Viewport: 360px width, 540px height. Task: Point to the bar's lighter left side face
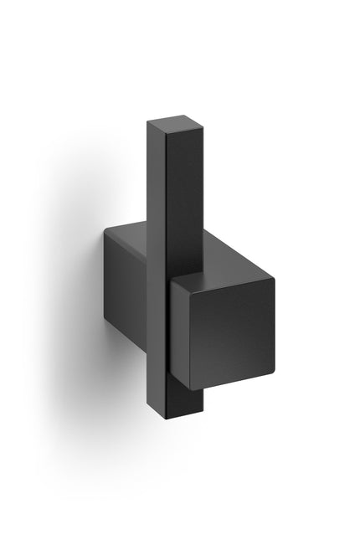click(157, 251)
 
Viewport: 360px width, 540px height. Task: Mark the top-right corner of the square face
click(274, 276)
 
